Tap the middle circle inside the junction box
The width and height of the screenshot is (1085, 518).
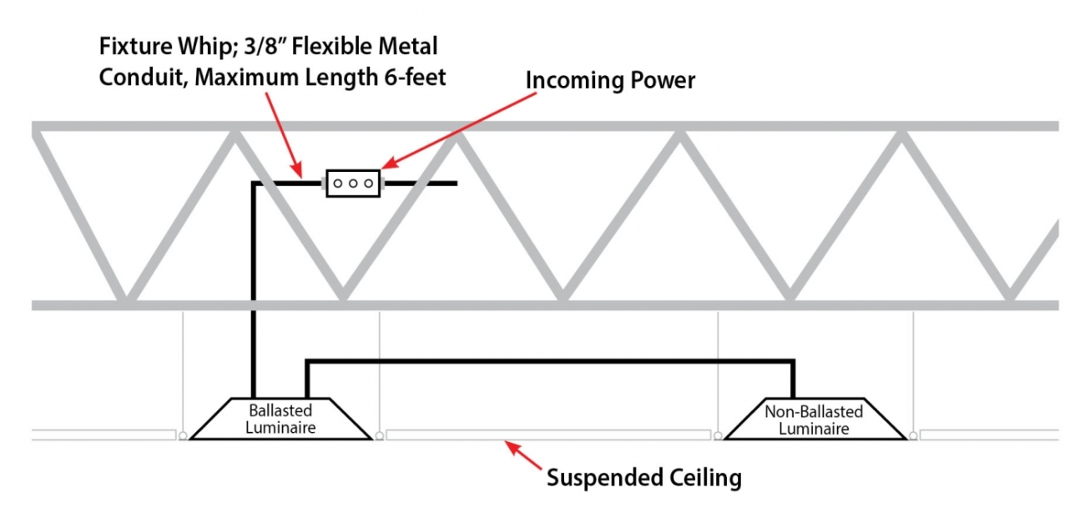353,183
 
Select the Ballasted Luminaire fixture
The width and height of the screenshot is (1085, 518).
280,419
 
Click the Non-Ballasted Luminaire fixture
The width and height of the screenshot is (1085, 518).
814,419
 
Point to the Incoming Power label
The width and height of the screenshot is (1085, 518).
610,81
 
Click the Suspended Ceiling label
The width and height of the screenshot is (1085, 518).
643,478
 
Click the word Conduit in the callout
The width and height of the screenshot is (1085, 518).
136,78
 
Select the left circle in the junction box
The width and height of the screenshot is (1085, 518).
338,183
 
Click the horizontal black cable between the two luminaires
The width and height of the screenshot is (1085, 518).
551,361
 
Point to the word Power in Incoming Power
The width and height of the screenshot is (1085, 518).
659,81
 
